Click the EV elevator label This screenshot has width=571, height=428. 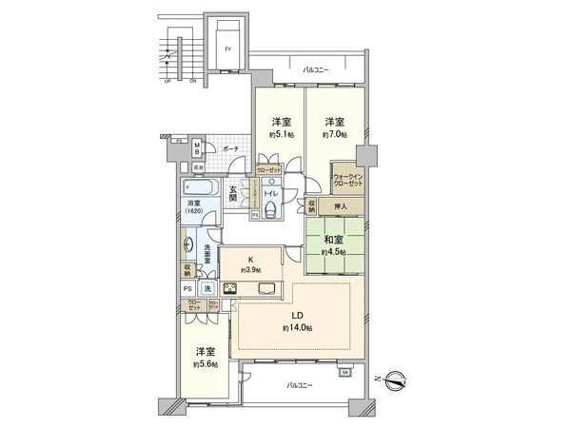coord(227,48)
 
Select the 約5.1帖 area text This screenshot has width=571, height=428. coord(281,135)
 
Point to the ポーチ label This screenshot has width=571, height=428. coord(230,149)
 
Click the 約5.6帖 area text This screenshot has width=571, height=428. coord(205,363)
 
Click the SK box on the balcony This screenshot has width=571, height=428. coord(344,372)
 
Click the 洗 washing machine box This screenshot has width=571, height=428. coord(207,288)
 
